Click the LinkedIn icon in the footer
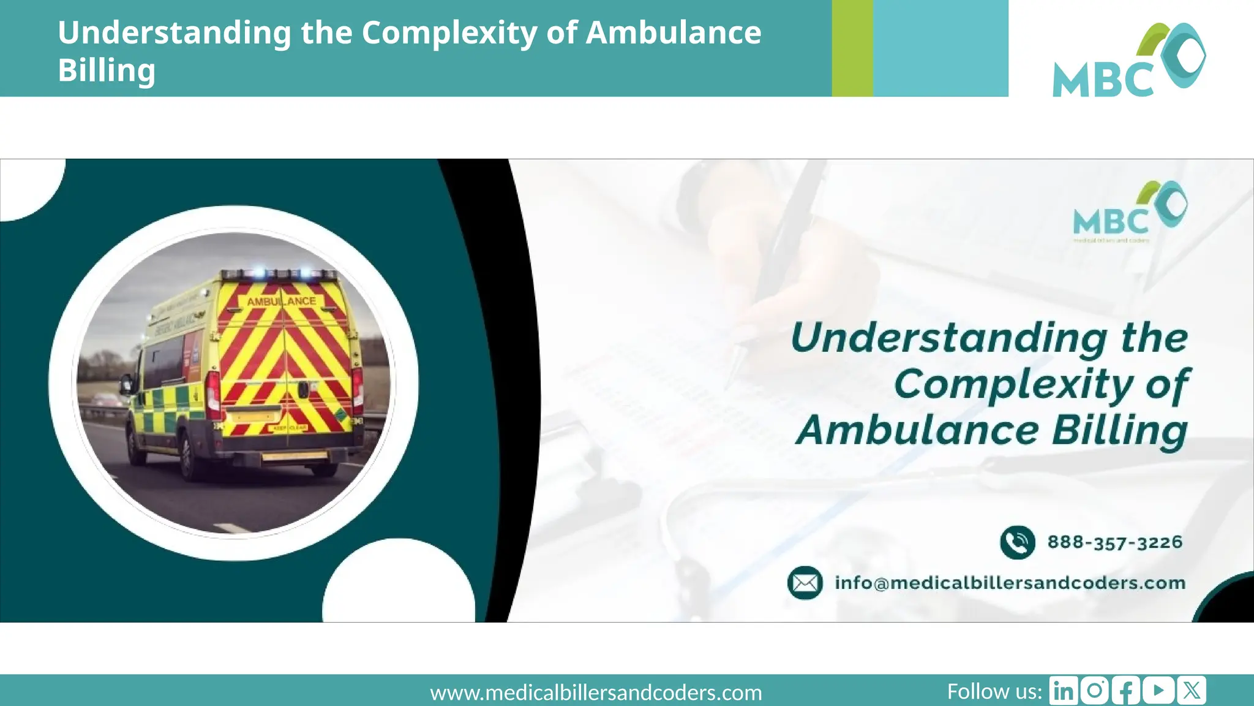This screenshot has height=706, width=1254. click(x=1064, y=691)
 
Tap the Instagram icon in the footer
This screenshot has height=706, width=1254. click(x=1094, y=691)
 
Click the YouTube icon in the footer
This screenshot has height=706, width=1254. click(x=1158, y=691)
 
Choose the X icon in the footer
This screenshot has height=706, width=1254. click(x=1191, y=691)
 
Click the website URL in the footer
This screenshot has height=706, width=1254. click(x=596, y=693)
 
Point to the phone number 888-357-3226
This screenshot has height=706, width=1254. click(x=1114, y=542)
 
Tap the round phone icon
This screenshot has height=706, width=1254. click(x=1017, y=542)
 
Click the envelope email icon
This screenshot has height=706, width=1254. click(x=805, y=583)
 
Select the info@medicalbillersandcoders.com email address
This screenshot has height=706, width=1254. click(x=1010, y=583)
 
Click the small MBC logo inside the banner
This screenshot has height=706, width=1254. click(x=1129, y=211)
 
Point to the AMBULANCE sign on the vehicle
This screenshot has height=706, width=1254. click(x=282, y=302)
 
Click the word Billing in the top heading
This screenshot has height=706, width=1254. click(x=107, y=70)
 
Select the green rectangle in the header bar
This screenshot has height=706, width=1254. click(x=852, y=48)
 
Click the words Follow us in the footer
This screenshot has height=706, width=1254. click(x=994, y=691)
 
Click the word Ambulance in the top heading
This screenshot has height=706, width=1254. click(x=673, y=32)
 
